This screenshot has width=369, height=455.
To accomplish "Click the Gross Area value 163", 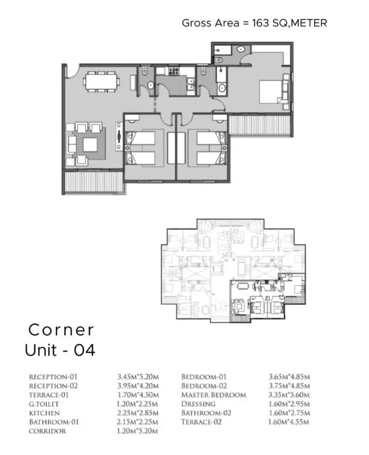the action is pos(260,23).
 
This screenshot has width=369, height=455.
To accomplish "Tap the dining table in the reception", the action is pos(101,81).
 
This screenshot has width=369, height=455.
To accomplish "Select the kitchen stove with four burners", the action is pos(174,71).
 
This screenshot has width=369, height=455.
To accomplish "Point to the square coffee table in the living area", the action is pos(90,144).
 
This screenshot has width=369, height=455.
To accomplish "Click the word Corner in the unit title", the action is pos(61,330).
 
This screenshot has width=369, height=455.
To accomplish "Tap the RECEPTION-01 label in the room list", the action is pos(53,377).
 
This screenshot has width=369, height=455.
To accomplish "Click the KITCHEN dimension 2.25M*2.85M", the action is pos(138,413).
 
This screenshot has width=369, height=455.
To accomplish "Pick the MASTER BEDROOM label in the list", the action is pos(213,395).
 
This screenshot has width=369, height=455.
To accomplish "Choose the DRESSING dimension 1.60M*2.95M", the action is pos(289,404).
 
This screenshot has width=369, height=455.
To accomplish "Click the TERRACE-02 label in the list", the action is pos(201,422).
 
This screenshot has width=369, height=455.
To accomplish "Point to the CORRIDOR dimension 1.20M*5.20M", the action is pos(137,431).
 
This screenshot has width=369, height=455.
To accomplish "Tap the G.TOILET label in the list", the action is pos(44,404).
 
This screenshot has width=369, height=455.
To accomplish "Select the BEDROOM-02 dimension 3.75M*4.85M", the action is pos(290,386).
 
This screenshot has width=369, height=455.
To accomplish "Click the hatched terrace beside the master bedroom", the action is pos(259,125).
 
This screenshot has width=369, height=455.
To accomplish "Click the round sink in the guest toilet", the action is pos(150,85).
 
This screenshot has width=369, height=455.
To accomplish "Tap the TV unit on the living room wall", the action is pos(119,136).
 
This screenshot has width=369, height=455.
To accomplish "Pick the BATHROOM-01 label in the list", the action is pos(54,422).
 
